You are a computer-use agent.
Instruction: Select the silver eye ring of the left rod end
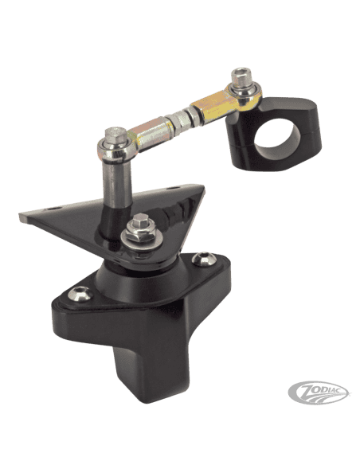(116, 147)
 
